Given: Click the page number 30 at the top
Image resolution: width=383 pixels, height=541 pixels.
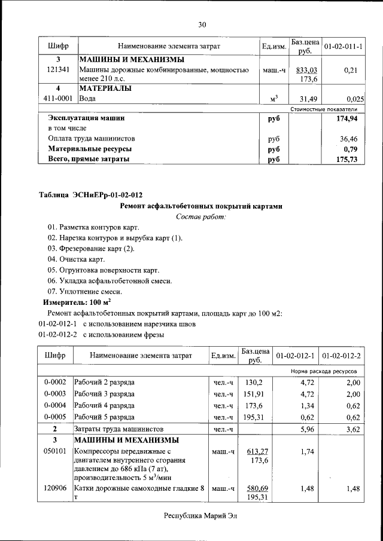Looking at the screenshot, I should point(202,25).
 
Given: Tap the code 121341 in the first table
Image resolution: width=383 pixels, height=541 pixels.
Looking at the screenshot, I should point(58,71).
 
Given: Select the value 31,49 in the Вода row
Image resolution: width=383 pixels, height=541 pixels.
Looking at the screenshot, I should point(308,99).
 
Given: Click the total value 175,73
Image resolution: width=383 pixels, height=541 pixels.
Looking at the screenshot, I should point(352,160).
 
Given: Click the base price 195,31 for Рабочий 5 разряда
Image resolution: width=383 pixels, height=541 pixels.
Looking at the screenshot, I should point(254,417).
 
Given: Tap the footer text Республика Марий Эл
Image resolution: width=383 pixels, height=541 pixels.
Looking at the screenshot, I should point(200,516).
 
